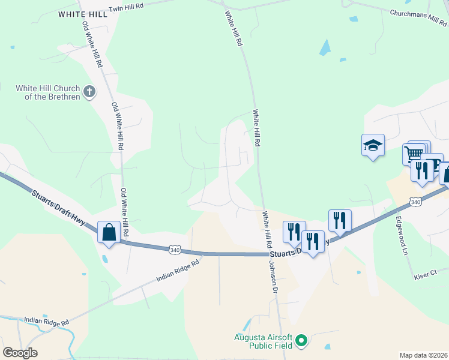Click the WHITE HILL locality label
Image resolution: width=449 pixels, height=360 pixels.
(83, 14)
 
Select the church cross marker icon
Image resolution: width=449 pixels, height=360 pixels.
(89, 92)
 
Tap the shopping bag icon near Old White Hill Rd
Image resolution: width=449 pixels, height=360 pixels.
(109, 232)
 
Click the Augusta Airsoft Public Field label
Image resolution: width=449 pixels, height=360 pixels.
(263, 341)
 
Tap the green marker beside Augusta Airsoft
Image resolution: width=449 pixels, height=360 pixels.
(302, 341)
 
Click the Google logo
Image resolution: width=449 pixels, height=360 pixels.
(20, 353)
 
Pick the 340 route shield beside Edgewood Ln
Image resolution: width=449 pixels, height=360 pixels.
(415, 202)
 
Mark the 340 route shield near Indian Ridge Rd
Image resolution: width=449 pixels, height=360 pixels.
(175, 249)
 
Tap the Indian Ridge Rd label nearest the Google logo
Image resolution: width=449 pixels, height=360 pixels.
(46, 322)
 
